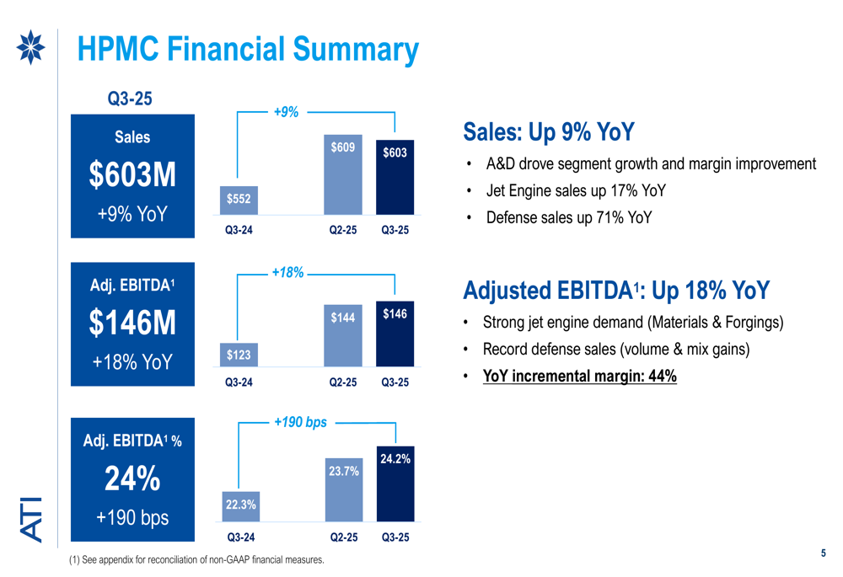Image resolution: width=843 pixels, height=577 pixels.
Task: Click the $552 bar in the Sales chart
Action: pos(239,200)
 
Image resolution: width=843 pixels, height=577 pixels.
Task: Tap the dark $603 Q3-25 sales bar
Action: pos(394,177)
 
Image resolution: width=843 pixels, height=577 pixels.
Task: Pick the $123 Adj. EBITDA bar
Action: pos(239,355)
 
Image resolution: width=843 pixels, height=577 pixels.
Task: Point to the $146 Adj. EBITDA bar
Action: pos(394,334)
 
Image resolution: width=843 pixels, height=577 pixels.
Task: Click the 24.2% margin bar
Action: pos(394,487)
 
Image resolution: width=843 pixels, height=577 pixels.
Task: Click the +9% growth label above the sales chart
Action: pos(287,111)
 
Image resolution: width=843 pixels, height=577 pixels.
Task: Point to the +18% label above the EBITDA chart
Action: pos(287,272)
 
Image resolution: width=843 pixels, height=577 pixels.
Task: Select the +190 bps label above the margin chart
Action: pos(300,422)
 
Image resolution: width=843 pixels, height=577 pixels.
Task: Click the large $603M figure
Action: pos(134,175)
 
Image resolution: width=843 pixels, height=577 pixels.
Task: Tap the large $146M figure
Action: pos(134,323)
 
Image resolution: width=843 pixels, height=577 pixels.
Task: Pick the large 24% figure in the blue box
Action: pos(133,480)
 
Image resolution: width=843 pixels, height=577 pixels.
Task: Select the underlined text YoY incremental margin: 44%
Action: pos(579,376)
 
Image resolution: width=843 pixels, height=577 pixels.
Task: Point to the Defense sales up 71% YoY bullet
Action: pos(568,216)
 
